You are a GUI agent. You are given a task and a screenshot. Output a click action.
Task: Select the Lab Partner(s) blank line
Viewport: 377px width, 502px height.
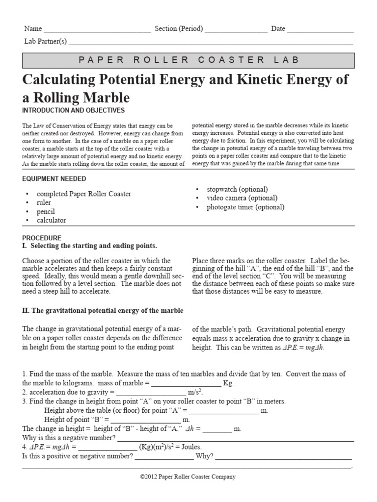[x=211, y=43]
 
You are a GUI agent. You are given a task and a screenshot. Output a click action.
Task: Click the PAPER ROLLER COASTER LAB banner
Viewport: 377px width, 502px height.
[x=188, y=60]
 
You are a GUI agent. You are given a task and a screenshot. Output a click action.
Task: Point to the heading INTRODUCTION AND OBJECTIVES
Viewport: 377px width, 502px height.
[x=74, y=110]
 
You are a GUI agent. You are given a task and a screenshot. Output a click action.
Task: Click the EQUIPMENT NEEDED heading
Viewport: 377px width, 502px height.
[x=54, y=178]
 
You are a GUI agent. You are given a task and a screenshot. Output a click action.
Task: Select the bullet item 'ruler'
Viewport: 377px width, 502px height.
[x=44, y=202]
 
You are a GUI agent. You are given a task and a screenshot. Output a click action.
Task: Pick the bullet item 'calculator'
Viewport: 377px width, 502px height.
[x=51, y=220]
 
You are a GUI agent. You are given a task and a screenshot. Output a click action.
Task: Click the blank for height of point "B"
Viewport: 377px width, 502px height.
[x=146, y=421]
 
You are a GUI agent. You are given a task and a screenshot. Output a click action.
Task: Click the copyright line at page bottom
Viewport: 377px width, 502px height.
[x=188, y=477]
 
